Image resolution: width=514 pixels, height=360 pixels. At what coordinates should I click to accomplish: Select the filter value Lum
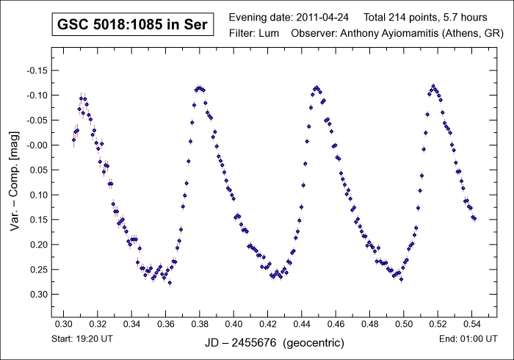[x=269, y=34]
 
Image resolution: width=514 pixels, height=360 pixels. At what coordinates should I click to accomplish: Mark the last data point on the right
[x=475, y=218]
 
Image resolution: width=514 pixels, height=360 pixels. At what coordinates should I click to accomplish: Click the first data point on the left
[x=73, y=140]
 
